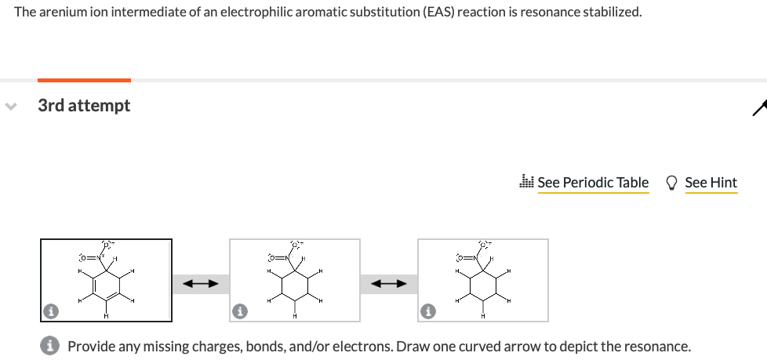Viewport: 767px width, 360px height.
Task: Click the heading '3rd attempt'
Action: tap(84, 105)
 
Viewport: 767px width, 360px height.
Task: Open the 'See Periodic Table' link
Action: tap(593, 183)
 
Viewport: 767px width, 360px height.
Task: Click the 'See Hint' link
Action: tap(711, 183)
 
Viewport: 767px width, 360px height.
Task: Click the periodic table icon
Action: tap(527, 182)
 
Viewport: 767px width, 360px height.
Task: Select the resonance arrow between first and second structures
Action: tap(200, 284)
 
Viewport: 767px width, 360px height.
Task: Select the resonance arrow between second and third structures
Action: tap(389, 284)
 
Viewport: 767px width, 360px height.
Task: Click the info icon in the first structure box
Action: tap(51, 312)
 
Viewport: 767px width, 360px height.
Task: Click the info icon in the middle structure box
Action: tap(239, 312)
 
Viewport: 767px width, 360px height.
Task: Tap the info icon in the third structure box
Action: tap(427, 312)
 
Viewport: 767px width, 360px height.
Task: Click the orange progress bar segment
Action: tap(84, 80)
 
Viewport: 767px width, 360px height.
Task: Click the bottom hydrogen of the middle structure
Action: tap(294, 315)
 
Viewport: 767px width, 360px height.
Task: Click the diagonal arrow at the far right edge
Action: tap(758, 107)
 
